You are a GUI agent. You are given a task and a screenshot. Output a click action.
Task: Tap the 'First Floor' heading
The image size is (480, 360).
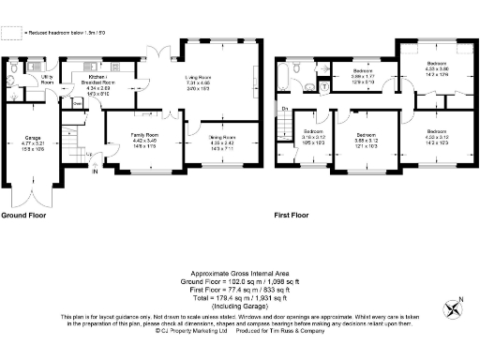pyautogui.click(x=292, y=215)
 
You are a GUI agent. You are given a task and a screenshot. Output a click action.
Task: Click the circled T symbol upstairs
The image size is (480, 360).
pyautogui.click(x=324, y=85)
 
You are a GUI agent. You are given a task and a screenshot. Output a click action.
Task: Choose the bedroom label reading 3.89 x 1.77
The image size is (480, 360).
pyautogui.click(x=364, y=76)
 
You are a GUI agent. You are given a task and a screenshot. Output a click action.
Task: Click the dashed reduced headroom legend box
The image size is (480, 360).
pyautogui.click(x=11, y=33)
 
